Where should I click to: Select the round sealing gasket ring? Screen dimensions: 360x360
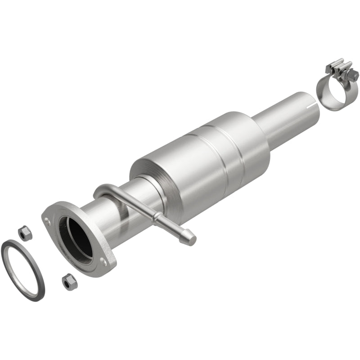(x=23, y=270)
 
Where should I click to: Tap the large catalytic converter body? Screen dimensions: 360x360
(x=202, y=153)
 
